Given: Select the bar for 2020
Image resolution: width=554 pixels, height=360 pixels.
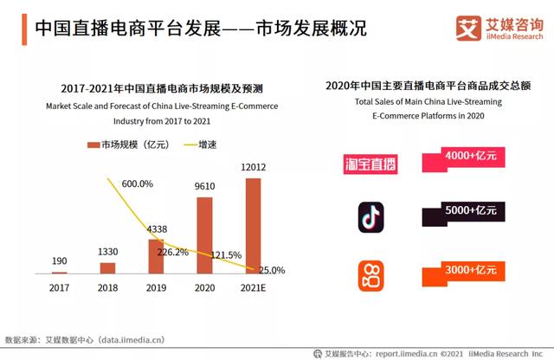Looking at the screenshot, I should coord(204,235).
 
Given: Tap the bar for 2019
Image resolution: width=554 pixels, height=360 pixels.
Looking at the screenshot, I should coord(156,256).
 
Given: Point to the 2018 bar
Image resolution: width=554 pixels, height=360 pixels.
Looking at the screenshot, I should coord(107,267).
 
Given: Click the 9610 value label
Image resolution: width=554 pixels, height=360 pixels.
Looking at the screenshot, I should coord(205,186).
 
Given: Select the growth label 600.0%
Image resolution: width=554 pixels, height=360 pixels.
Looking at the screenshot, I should coord(137,183).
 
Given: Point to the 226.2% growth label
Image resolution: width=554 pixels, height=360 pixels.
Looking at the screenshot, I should coord(171,253).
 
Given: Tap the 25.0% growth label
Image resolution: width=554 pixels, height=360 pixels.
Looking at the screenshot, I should coord(272,270).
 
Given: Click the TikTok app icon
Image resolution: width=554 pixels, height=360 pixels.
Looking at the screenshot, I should coord(371,217).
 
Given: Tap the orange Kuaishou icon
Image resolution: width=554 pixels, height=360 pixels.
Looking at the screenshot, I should coord(371,275).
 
